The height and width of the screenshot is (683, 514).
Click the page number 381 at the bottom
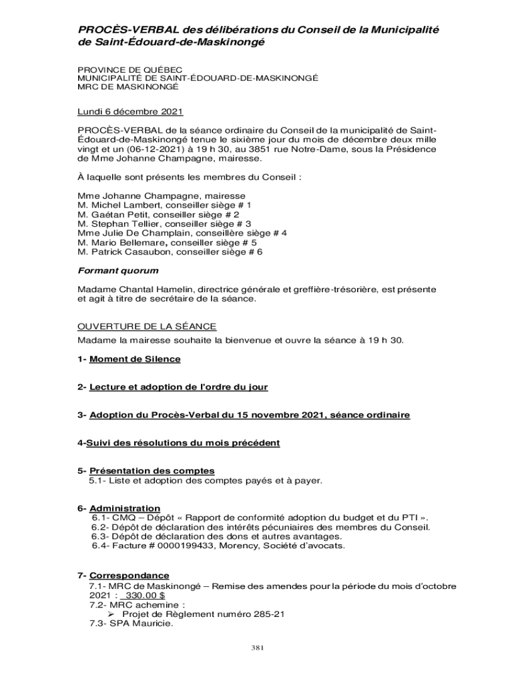point(257,648)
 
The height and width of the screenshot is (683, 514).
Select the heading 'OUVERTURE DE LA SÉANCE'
point(147,326)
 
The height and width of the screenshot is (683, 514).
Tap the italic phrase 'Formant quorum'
point(118,271)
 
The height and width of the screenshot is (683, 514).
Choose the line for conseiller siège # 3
point(164,224)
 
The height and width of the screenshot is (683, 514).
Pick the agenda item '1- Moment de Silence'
point(129,359)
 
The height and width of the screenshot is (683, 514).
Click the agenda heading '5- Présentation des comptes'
point(146,470)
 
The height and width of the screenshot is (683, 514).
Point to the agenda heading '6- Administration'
point(119,508)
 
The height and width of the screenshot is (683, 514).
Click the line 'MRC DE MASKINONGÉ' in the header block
point(128,87)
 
